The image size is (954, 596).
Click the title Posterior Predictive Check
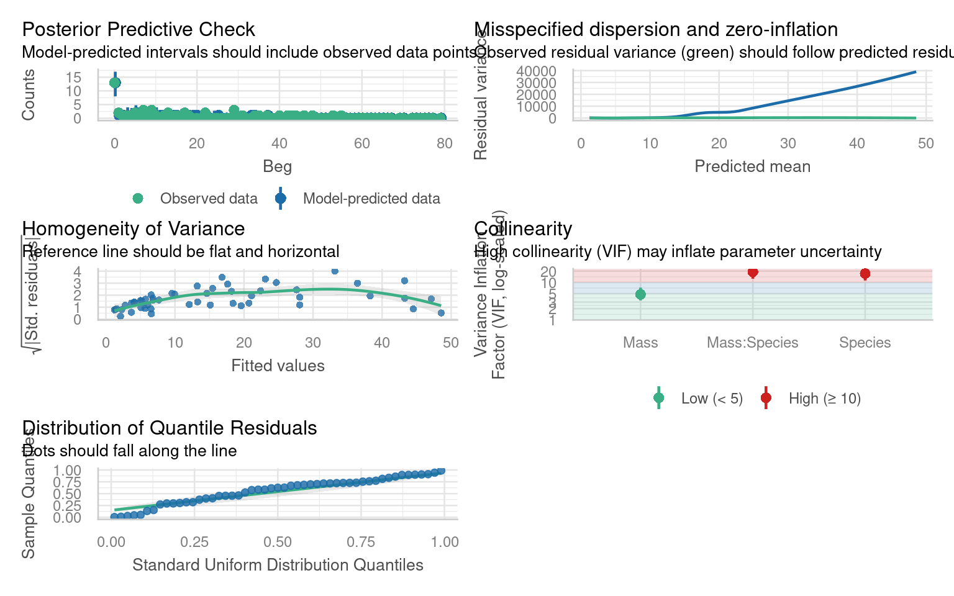pyautogui.click(x=139, y=29)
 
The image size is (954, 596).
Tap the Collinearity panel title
pyautogui.click(x=523, y=228)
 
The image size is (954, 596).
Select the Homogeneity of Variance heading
pyautogui.click(x=134, y=228)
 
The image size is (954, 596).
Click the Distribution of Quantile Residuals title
pyautogui.click(x=170, y=428)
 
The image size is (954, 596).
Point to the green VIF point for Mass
pyautogui.click(x=640, y=294)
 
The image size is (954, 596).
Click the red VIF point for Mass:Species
pyautogui.click(x=753, y=272)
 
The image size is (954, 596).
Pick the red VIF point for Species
pyautogui.click(x=865, y=274)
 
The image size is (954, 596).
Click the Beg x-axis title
pyautogui.click(x=277, y=166)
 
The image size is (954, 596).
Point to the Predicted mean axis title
pyautogui.click(x=752, y=166)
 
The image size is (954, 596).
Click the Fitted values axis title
pyautogui.click(x=278, y=366)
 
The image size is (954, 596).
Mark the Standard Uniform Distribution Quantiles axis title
pyautogui.click(x=278, y=565)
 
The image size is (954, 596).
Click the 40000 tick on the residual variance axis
pyautogui.click(x=536, y=71)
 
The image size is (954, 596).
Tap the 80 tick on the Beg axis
pyautogui.click(x=444, y=143)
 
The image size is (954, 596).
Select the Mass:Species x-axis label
pyautogui.click(x=753, y=343)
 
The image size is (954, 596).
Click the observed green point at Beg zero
pyautogui.click(x=115, y=83)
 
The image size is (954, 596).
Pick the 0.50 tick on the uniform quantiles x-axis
pyautogui.click(x=278, y=542)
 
